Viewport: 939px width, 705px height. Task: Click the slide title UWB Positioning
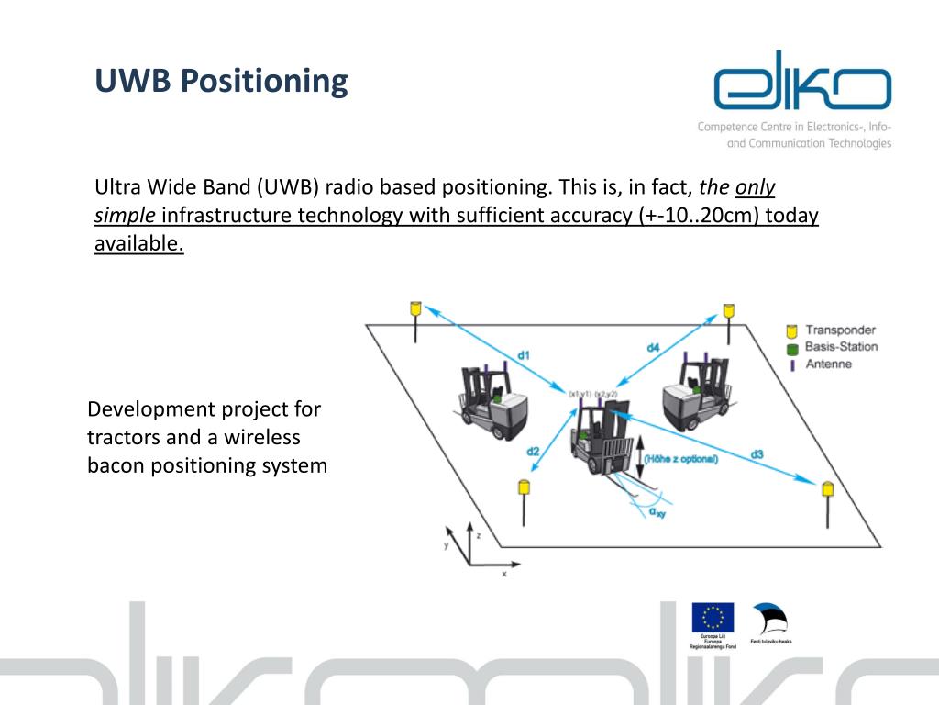(221, 81)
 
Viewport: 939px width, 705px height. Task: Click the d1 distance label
(524, 354)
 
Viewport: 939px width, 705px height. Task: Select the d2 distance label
(533, 451)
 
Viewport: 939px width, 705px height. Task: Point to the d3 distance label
(757, 453)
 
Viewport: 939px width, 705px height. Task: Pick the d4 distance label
(652, 347)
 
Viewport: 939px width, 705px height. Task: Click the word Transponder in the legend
(840, 330)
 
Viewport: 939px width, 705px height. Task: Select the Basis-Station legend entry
(840, 347)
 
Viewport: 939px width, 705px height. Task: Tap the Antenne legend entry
(828, 364)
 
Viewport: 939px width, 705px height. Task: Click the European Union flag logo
(713, 617)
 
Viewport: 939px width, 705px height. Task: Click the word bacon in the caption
(116, 465)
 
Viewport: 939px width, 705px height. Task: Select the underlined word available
(139, 243)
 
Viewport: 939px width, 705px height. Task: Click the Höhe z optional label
(680, 459)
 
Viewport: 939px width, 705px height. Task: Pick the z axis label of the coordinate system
(479, 532)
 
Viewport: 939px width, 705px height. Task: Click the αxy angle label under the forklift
(657, 512)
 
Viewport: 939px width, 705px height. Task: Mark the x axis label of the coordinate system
(503, 574)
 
